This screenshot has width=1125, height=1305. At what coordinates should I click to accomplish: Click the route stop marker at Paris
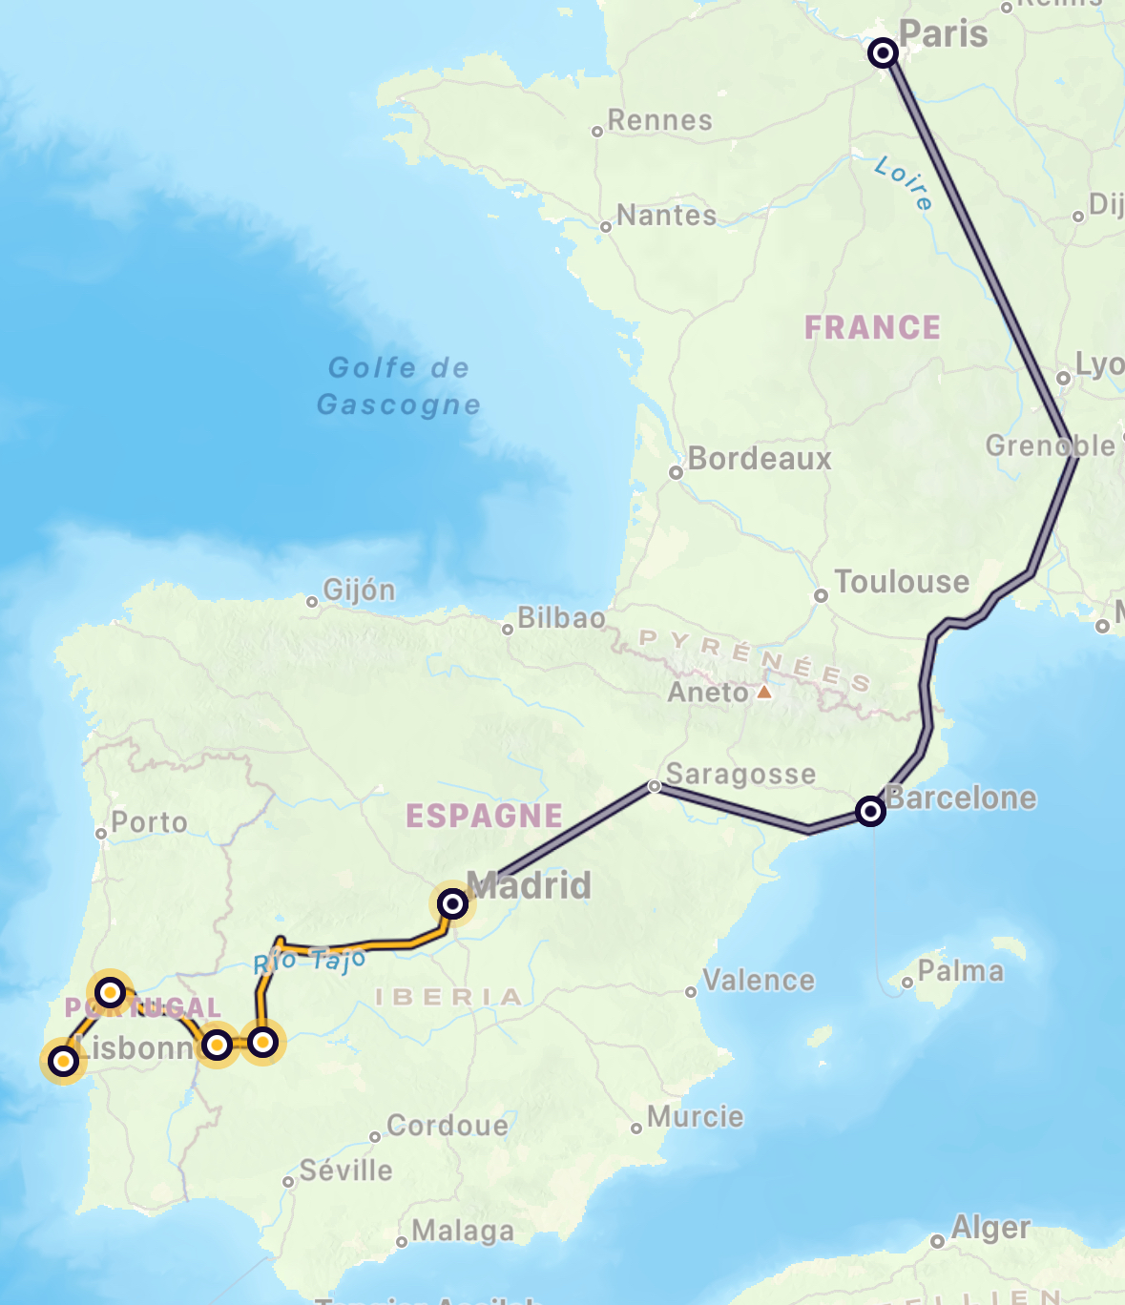point(883,52)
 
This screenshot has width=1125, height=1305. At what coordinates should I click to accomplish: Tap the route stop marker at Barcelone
point(870,811)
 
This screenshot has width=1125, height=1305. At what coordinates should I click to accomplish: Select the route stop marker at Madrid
point(452,902)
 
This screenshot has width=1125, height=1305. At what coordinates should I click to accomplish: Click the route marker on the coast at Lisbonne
point(63,1060)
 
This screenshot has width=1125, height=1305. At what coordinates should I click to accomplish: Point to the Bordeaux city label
point(759,459)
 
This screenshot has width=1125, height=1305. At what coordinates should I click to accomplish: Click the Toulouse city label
point(901,582)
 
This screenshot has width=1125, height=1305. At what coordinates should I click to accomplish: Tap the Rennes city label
point(659,121)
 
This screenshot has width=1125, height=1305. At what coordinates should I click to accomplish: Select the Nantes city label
point(666,216)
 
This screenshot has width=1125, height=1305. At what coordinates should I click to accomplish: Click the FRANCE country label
point(872,328)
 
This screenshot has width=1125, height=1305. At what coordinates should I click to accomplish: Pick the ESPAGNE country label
point(484,817)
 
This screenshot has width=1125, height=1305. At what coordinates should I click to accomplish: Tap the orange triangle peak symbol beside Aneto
point(764,692)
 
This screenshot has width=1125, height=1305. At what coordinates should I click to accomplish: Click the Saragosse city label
point(740,775)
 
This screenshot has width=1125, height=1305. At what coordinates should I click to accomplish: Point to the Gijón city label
point(359,590)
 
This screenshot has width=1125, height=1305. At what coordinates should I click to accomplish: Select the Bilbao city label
point(561,618)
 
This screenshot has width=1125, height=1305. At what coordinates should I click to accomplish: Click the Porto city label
point(149,822)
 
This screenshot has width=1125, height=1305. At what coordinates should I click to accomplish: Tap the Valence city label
point(759,981)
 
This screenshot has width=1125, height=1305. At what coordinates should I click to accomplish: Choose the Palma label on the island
point(960,971)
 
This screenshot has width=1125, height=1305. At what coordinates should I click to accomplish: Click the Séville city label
point(345,1170)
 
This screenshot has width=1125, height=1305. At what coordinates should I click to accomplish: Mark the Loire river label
point(903,182)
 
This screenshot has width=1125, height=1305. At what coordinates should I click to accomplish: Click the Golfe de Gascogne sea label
point(399,386)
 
